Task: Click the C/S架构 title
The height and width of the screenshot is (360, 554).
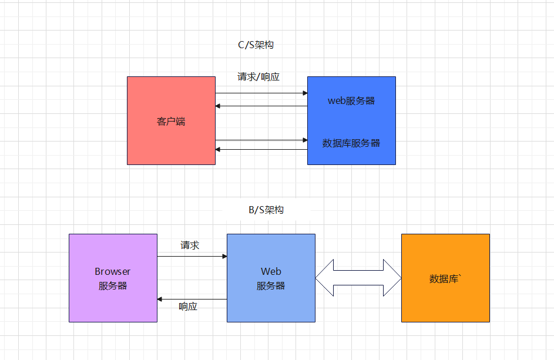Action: pos(252,45)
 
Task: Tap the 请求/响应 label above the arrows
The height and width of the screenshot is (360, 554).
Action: pos(258,77)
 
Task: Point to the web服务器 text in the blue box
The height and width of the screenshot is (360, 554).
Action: pos(351,100)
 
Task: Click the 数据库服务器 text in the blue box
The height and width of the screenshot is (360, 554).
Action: pos(351,143)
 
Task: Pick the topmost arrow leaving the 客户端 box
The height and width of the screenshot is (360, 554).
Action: pos(261,93)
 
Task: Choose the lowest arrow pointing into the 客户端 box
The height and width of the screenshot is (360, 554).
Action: pos(261,150)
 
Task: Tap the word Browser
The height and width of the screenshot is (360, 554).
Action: pos(113,271)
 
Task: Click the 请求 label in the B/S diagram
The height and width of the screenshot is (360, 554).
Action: pos(190,245)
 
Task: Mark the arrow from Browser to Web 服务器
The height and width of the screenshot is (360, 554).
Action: pos(192,257)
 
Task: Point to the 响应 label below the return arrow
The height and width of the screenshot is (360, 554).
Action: pos(188,307)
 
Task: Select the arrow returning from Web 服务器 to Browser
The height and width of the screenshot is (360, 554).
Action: pos(192,300)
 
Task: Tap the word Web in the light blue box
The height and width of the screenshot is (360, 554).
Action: pos(271,271)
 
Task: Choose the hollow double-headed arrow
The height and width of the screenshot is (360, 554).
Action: pos(358,278)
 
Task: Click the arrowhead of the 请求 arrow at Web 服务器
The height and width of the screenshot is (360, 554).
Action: pos(224,257)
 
